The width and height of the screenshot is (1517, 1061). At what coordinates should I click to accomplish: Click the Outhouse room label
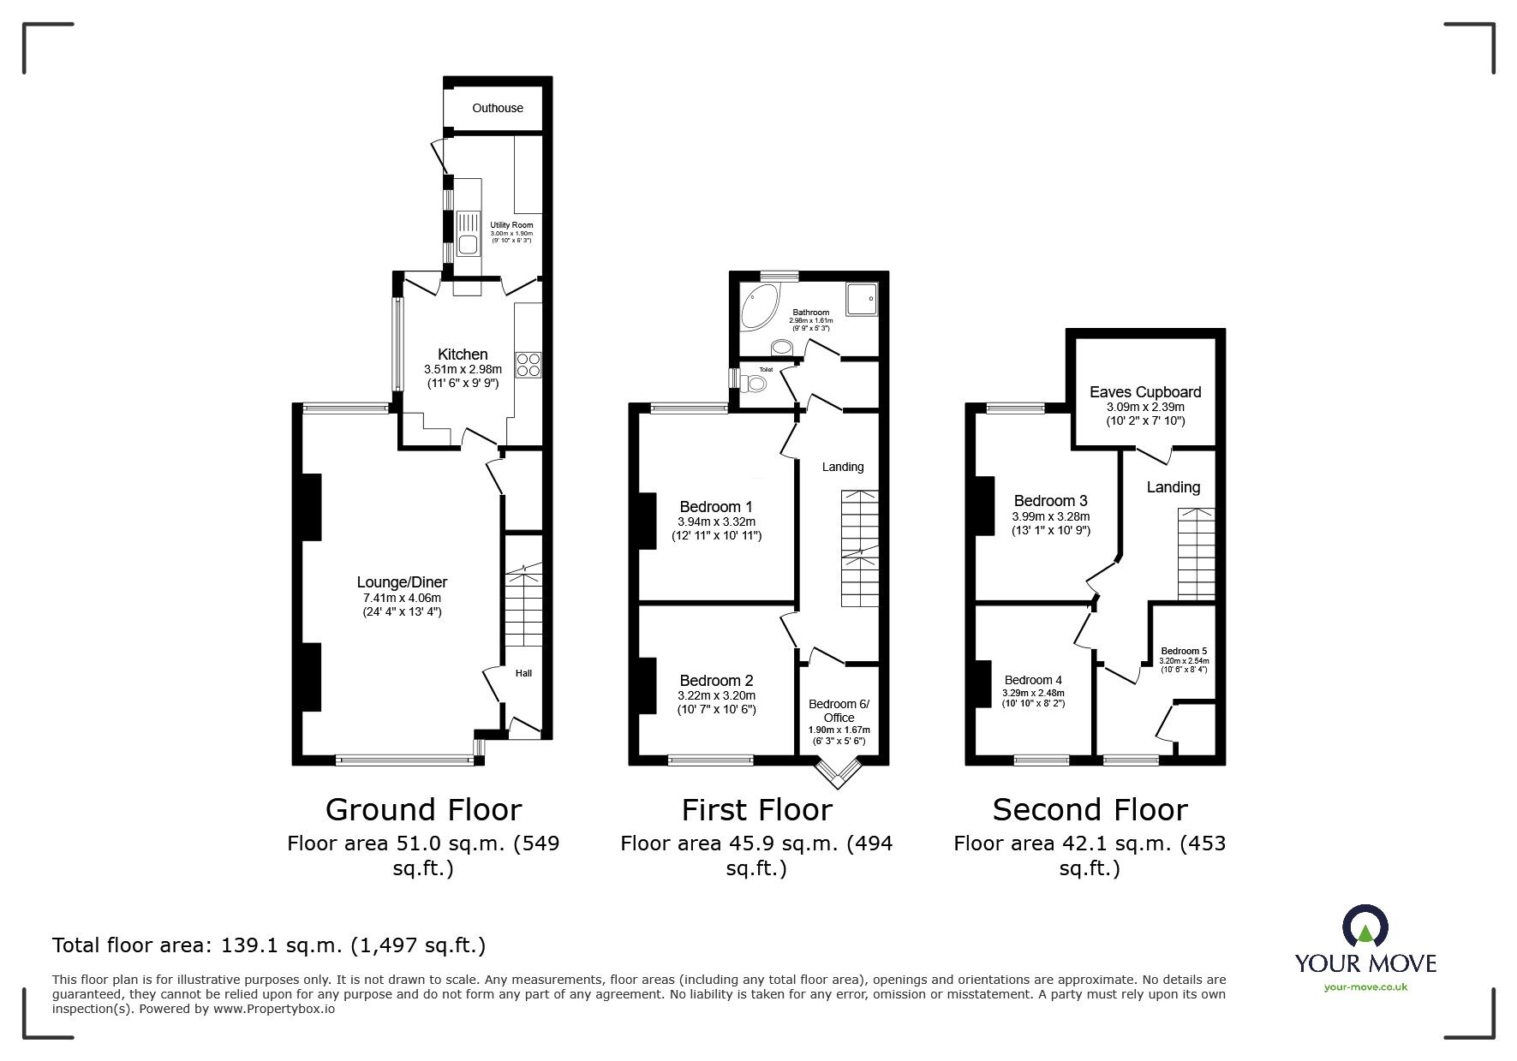pos(498,108)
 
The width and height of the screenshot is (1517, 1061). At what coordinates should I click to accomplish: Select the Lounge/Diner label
pos(401,582)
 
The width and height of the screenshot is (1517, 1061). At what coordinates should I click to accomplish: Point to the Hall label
pos(523,673)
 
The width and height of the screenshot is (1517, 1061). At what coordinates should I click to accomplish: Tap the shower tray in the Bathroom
pos(861,299)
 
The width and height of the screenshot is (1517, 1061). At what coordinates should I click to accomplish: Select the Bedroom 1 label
pos(716,507)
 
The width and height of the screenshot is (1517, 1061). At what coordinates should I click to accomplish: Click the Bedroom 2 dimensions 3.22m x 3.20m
pos(716,695)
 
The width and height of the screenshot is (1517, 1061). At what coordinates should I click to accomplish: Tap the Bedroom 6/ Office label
pos(839,711)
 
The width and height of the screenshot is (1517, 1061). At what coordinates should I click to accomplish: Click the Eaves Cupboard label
pos(1145,392)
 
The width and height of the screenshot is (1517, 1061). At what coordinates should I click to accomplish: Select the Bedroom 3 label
pos(1050,501)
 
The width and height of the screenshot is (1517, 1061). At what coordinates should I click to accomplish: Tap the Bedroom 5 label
pos(1184,651)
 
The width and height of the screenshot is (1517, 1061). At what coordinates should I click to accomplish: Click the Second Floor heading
pos(1090,809)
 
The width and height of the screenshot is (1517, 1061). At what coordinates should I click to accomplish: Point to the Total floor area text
pos(269,945)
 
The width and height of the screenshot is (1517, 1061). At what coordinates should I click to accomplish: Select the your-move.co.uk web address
pos(1365,986)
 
